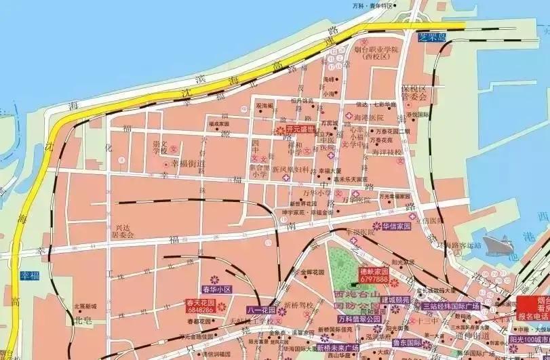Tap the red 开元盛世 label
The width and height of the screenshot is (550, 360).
(x=299, y=128)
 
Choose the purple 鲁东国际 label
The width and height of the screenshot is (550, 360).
(x=408, y=342)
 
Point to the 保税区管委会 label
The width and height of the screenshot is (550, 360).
(x=413, y=93)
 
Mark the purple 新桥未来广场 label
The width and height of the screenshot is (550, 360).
(x=337, y=348)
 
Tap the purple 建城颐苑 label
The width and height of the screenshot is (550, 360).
(x=395, y=299)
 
